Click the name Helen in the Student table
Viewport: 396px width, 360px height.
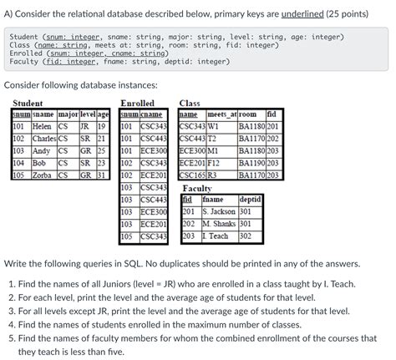[41, 127]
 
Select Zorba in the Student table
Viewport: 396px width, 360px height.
[42, 175]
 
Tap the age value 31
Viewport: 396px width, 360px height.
[102, 175]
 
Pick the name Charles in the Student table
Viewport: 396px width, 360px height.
[43, 139]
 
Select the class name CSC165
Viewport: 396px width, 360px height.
[192, 175]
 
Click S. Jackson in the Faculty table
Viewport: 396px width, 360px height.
[220, 211]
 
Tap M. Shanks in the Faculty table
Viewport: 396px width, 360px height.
[219, 224]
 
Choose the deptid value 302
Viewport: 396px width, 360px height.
[246, 236]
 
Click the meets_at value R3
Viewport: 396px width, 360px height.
[212, 175]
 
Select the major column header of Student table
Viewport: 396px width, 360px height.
[68, 114]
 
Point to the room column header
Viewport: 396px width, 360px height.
[247, 114]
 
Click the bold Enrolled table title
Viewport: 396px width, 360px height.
[137, 103]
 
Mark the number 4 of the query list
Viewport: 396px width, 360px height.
[12, 324]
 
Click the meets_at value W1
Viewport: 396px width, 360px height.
[213, 127]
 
